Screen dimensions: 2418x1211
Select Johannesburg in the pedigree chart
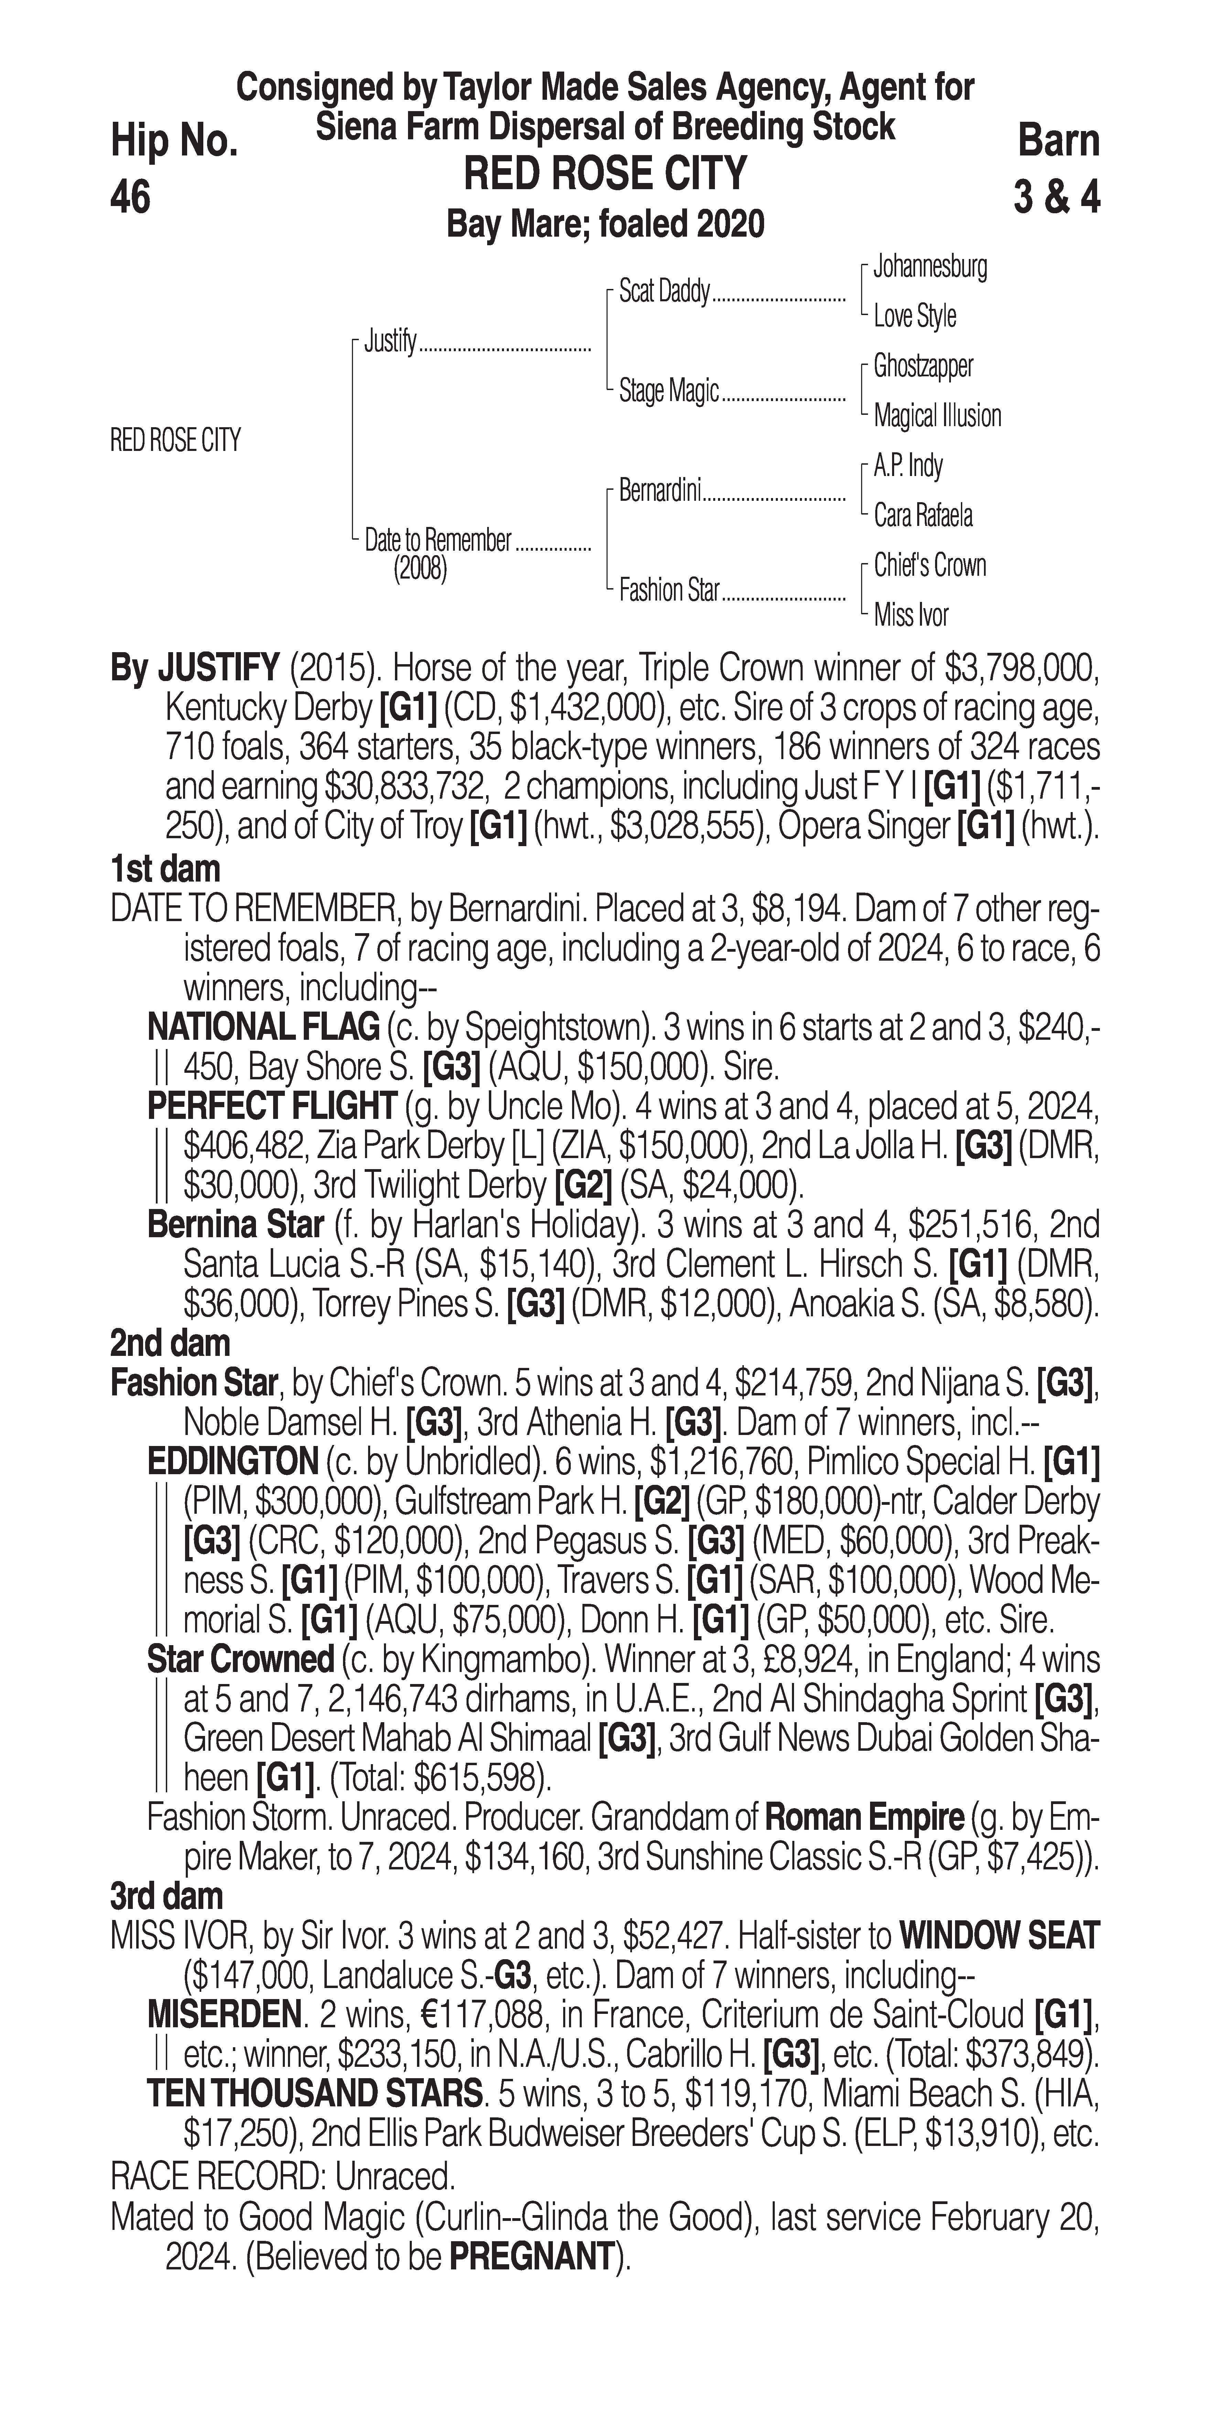pyautogui.click(x=929, y=267)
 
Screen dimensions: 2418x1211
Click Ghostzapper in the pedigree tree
pyautogui.click(x=923, y=366)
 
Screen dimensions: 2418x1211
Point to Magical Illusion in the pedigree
pyautogui.click(x=937, y=416)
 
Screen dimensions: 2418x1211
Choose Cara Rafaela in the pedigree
pyautogui.click(x=923, y=515)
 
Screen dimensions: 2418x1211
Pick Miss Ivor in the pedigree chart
pyautogui.click(x=911, y=616)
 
